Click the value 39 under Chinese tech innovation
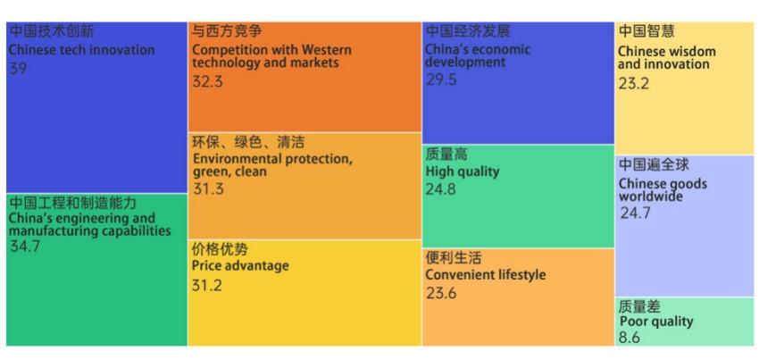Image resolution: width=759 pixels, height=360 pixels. coord(18,68)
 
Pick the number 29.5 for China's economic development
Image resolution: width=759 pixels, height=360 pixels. coord(440,80)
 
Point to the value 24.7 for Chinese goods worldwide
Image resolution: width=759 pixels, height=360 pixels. coord(635,213)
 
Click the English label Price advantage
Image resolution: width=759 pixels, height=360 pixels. coord(240,266)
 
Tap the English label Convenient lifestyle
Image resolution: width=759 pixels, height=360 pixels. coord(485,275)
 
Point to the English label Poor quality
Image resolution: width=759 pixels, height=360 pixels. coord(655,322)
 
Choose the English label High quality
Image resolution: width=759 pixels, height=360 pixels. coord(462,172)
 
